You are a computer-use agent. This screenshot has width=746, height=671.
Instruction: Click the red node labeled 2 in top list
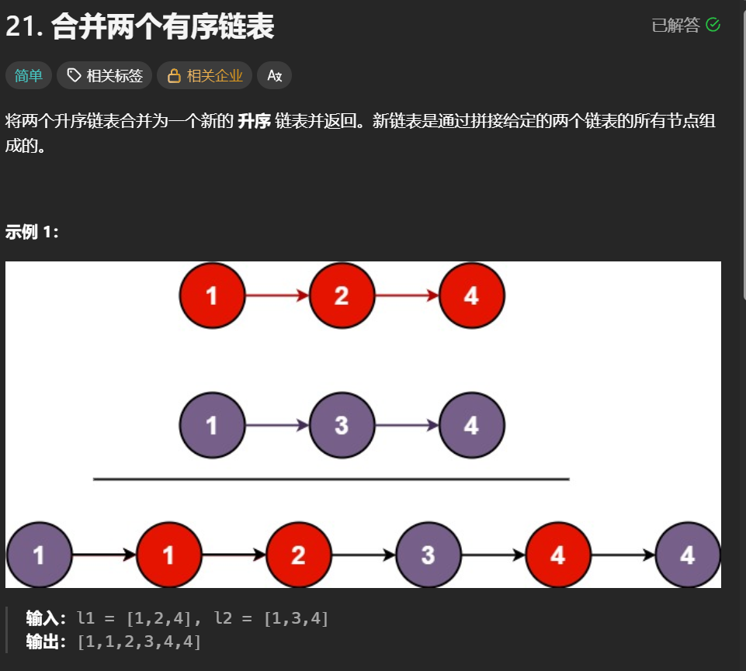tap(342, 296)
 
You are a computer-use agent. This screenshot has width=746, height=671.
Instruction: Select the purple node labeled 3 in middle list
tap(342, 425)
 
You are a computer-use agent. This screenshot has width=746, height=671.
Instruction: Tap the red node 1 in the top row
tap(212, 296)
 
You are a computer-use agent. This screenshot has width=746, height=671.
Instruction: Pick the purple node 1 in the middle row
tap(212, 425)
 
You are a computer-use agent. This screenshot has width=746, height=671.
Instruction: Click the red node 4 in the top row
tap(471, 296)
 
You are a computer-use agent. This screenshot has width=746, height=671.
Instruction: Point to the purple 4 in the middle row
tap(471, 425)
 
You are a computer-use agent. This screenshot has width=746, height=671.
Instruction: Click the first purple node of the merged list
tap(39, 555)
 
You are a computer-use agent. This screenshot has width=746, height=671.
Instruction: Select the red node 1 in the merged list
tap(169, 555)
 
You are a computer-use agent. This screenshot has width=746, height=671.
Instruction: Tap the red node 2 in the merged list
tap(299, 555)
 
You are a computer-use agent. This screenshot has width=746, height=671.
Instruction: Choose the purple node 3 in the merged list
tap(429, 555)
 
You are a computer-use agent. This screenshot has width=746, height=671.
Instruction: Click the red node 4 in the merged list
tap(558, 555)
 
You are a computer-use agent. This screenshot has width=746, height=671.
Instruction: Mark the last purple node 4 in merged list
tap(688, 555)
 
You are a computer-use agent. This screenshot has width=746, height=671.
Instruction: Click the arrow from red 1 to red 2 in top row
tap(276, 296)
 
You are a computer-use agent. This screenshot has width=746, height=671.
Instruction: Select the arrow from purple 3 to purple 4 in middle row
tap(406, 425)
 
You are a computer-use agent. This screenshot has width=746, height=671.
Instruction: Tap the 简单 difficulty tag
tap(29, 75)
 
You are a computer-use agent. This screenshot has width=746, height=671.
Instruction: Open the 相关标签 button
tap(105, 75)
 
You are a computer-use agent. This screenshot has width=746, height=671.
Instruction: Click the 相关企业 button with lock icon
tap(205, 75)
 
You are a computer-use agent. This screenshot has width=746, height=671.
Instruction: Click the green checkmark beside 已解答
tap(713, 25)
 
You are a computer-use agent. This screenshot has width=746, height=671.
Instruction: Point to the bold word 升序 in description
tap(253, 121)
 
